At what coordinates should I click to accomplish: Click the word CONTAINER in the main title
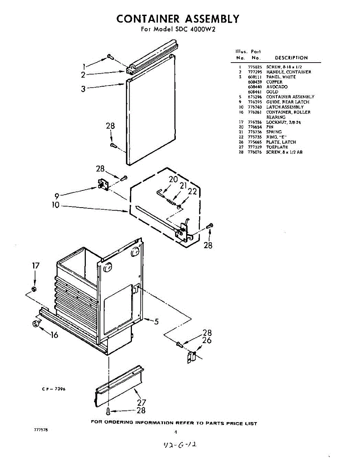coord(147,19)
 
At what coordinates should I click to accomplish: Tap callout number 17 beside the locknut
coord(35,265)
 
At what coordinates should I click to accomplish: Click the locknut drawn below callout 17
coord(34,289)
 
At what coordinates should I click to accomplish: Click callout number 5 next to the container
coord(156,321)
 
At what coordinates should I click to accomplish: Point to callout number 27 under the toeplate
coord(141,402)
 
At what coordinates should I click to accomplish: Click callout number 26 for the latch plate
coord(207,340)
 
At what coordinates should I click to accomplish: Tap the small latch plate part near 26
coord(192,358)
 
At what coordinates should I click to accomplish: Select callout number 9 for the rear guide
coord(56,197)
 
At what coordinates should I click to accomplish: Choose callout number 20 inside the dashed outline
coord(173,179)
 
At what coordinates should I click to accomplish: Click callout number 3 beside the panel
coord(83,89)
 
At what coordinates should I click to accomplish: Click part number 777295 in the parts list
coord(254,72)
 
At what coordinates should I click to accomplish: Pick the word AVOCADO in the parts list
coord(277,87)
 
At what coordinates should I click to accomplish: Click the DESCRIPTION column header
coord(291,58)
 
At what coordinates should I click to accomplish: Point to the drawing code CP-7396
coord(54,389)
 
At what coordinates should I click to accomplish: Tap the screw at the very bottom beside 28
coord(109,411)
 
